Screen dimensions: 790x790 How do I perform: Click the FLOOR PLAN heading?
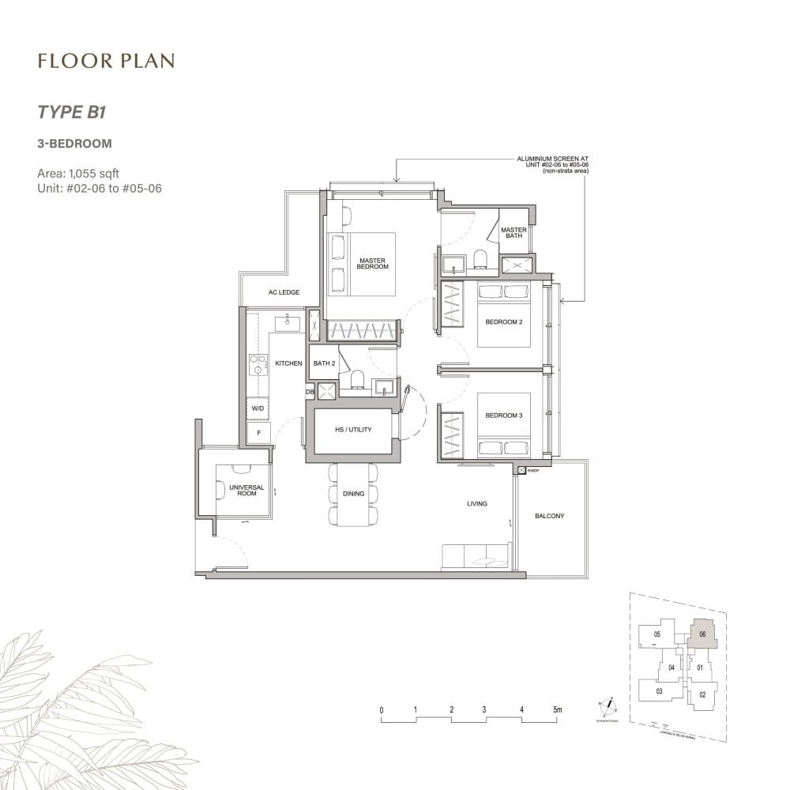(105, 61)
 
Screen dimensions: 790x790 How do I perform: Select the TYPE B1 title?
(72, 111)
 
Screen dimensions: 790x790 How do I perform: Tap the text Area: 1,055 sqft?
(78, 172)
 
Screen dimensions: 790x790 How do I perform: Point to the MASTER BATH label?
(513, 233)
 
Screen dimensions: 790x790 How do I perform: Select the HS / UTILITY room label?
(353, 430)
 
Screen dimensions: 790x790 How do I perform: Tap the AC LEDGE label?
(284, 292)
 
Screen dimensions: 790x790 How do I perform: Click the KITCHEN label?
(288, 363)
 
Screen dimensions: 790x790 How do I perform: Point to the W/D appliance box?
(258, 408)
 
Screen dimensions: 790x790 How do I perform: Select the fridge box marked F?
(258, 433)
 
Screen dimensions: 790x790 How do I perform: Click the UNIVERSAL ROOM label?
(246, 491)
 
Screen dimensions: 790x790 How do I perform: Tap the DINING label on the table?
(353, 494)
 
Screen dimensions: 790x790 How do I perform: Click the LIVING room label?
(476, 503)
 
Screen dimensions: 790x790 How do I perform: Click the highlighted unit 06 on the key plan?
(702, 634)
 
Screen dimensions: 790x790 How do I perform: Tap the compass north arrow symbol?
(608, 705)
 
